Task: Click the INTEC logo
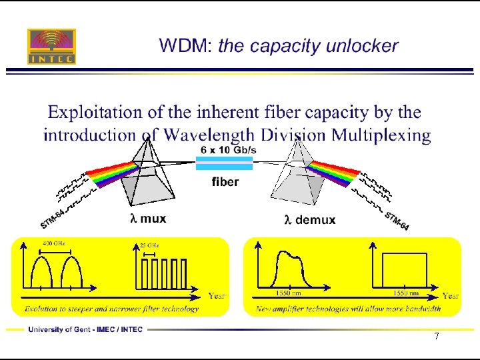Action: click(x=51, y=46)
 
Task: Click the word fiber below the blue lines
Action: click(x=225, y=182)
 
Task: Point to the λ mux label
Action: click(x=147, y=218)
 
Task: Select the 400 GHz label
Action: click(x=53, y=243)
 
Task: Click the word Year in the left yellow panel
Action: click(x=217, y=295)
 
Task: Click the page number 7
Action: click(x=436, y=336)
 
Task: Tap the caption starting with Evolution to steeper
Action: click(x=111, y=309)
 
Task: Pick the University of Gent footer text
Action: click(x=85, y=329)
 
